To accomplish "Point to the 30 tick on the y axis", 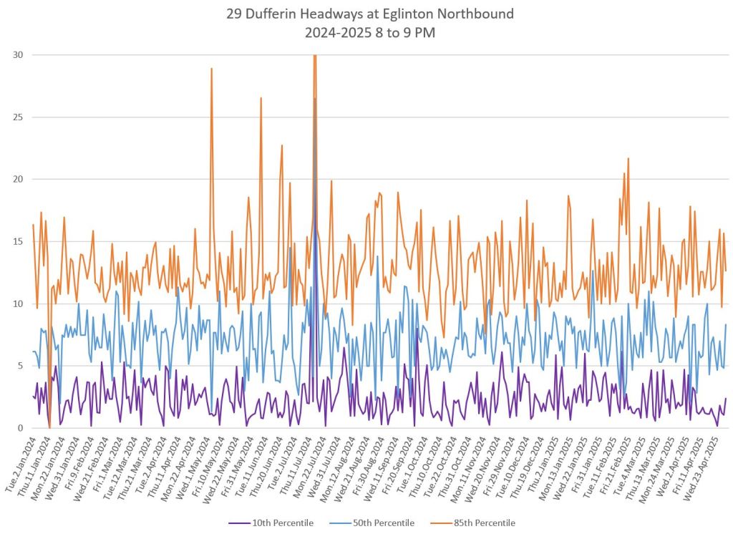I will (x=16, y=55).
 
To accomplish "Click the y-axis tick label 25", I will (x=16, y=117).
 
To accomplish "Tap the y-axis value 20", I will (x=16, y=180).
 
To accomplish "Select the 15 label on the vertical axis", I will (x=16, y=242).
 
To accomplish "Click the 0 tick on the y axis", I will (x=19, y=428).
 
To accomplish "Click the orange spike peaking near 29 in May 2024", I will (x=211, y=69).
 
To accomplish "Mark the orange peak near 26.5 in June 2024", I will (x=261, y=99).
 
